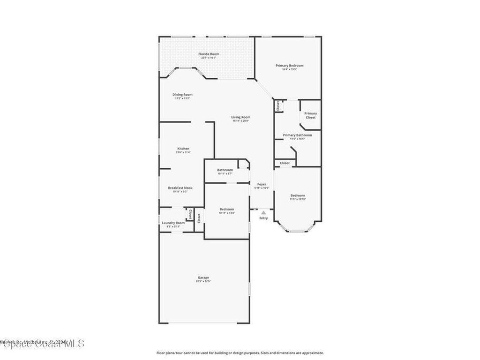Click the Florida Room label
[209, 54]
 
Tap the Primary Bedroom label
[289, 66]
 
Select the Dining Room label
[182, 95]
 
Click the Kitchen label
[183, 149]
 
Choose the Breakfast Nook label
[180, 187]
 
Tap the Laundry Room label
[173, 223]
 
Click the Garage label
[203, 277]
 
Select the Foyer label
[262, 184]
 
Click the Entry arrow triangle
[263, 212]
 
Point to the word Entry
[263, 218]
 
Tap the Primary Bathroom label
[297, 135]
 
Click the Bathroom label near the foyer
[225, 170]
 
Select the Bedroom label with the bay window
[297, 195]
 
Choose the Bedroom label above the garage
[226, 209]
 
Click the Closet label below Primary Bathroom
[285, 163]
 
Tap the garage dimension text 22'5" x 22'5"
[203, 282]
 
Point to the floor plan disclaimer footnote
[240, 353]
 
